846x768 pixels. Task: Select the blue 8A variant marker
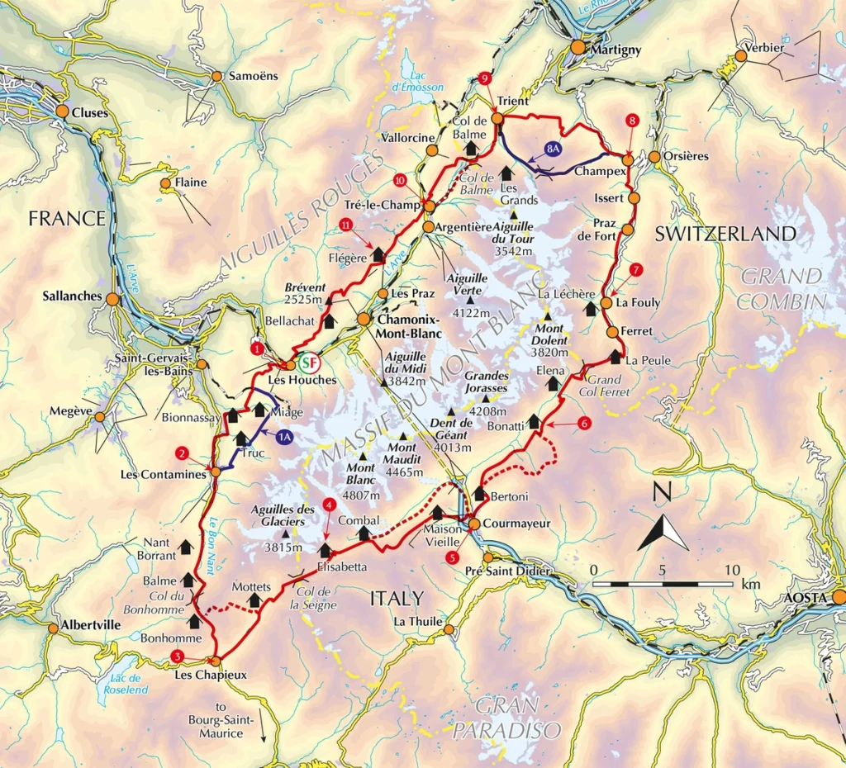coord(553,149)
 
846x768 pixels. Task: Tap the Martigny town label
coord(615,50)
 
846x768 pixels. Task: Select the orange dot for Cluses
coord(62,111)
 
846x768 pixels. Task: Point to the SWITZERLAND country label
coord(725,234)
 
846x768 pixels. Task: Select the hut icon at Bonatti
coord(534,422)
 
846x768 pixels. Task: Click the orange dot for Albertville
coord(53,628)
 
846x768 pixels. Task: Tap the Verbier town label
coord(764,48)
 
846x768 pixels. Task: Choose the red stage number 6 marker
coord(584,424)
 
